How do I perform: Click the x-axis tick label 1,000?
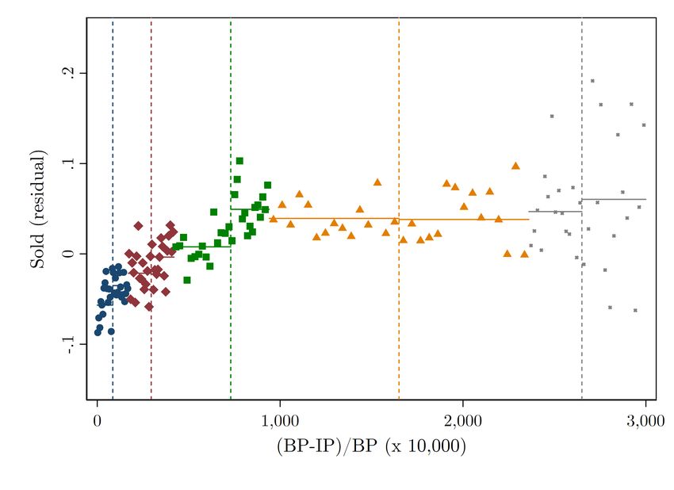tap(278, 420)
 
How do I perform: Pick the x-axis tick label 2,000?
tap(462, 420)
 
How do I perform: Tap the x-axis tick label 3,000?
tap(645, 420)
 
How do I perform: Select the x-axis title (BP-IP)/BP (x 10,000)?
tap(371, 446)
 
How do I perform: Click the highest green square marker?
tap(239, 161)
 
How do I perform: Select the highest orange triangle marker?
tap(515, 166)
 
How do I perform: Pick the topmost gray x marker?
tap(592, 81)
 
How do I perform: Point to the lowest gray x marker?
tap(635, 310)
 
